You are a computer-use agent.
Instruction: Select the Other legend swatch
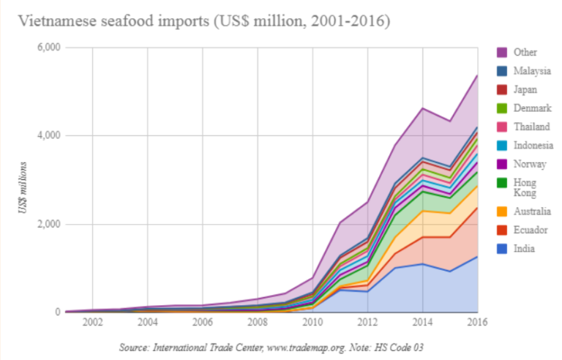click(x=503, y=53)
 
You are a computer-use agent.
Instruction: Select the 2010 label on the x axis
click(x=312, y=323)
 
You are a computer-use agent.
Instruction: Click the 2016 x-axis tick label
click(x=477, y=323)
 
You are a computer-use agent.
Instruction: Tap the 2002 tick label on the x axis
click(x=92, y=323)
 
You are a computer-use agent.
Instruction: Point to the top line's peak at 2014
click(x=423, y=108)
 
